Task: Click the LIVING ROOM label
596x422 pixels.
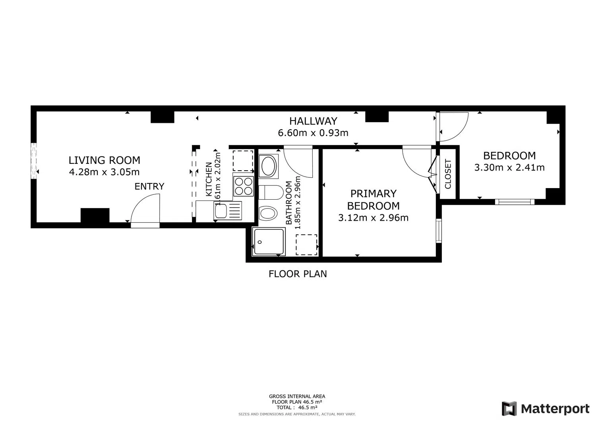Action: [x=104, y=160]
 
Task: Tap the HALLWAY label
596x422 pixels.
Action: [x=313, y=121]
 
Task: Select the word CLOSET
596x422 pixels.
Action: [x=448, y=174]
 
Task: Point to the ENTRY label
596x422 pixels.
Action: [x=149, y=186]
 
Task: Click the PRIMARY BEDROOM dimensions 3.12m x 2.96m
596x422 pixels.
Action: [x=373, y=218]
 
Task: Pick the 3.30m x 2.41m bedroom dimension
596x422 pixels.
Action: [x=509, y=167]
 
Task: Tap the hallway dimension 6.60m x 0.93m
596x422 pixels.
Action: [x=313, y=133]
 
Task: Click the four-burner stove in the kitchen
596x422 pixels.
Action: [x=244, y=186]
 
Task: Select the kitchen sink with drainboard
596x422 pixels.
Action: [x=228, y=210]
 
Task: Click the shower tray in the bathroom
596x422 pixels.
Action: [x=269, y=242]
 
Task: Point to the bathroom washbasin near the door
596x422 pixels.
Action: [x=269, y=166]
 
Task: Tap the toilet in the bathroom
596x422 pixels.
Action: [x=271, y=193]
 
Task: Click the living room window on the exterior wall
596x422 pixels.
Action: [x=33, y=161]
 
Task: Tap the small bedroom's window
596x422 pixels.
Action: [x=515, y=202]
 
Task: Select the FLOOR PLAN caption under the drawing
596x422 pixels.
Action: [x=298, y=274]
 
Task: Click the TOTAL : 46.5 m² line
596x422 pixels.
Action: [x=297, y=407]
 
